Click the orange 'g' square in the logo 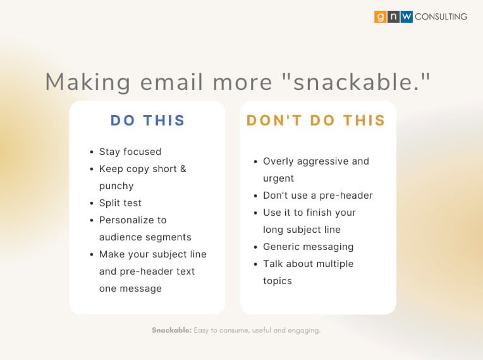(x=381, y=16)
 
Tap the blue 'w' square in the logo (x=407, y=16)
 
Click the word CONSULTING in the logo (x=441, y=16)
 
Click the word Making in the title (x=88, y=83)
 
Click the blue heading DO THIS (x=147, y=120)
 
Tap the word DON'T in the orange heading (x=274, y=120)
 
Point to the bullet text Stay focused (x=130, y=152)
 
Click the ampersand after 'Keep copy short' (x=183, y=169)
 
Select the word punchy (x=116, y=187)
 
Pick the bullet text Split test (x=120, y=203)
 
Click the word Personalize (x=126, y=220)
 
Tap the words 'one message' (x=130, y=289)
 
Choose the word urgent (x=278, y=179)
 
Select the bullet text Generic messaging (x=308, y=247)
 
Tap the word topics (x=278, y=281)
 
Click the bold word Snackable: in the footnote (x=171, y=330)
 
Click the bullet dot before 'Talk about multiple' (x=255, y=264)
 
